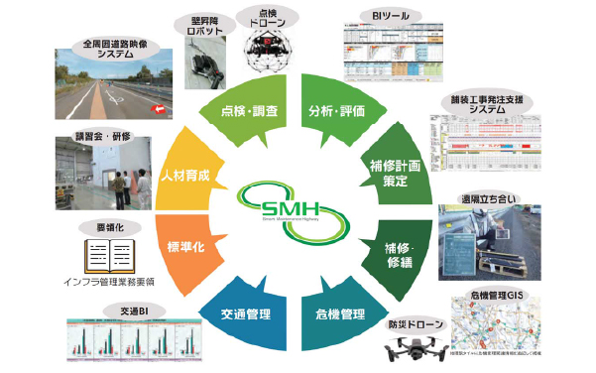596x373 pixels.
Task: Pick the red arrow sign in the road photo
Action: pos(156,109)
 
